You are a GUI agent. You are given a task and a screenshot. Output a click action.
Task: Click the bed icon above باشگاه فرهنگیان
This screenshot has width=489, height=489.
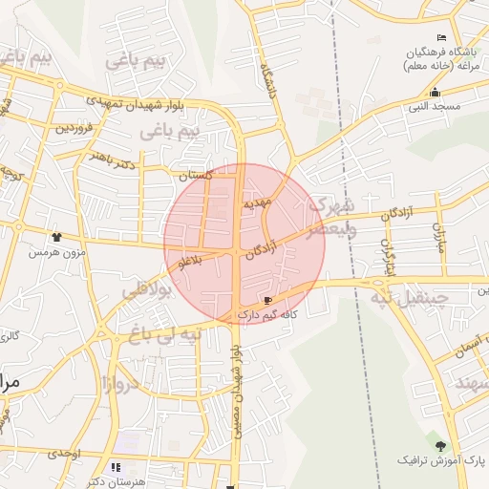click(441, 36)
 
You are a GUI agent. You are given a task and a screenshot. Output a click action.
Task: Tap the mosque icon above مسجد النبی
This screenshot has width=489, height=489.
click(435, 93)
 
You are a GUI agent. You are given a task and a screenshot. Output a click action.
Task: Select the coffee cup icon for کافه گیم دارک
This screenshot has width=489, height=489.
click(254, 301)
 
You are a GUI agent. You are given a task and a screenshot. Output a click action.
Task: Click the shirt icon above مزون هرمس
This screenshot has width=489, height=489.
click(56, 237)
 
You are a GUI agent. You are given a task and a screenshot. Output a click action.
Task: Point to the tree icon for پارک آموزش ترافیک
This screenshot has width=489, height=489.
click(440, 446)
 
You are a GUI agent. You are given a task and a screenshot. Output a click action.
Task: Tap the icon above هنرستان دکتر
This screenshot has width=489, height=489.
click(117, 468)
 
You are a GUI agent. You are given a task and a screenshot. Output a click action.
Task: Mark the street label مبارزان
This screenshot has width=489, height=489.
click(440, 235)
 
